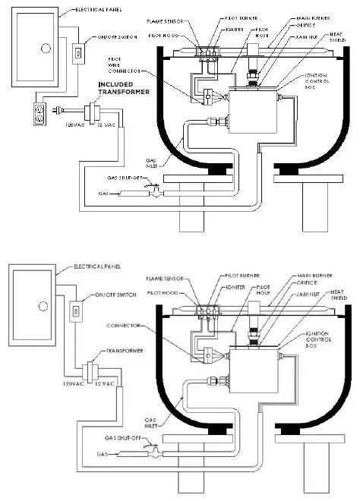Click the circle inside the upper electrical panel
tap(45, 47)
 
